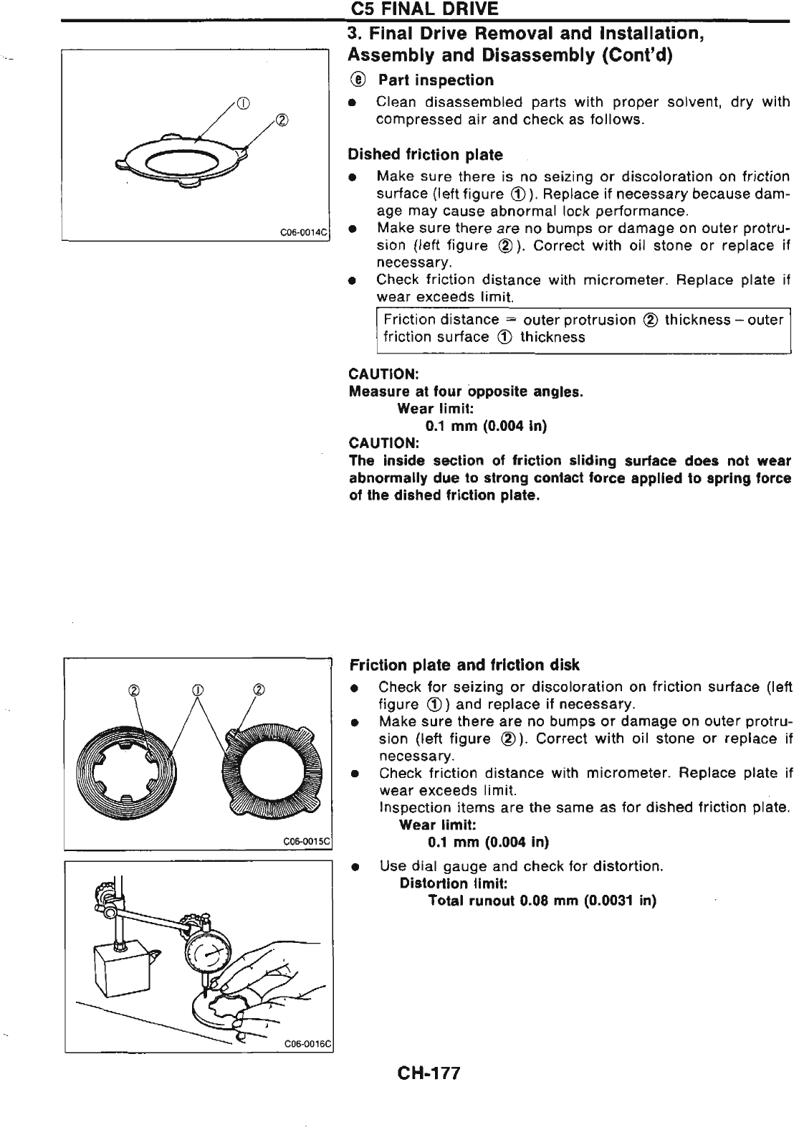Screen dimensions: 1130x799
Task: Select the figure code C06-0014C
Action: (303, 232)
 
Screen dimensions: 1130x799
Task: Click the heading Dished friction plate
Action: (425, 155)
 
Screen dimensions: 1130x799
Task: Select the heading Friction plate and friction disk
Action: (464, 665)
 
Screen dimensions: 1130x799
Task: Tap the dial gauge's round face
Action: (206, 954)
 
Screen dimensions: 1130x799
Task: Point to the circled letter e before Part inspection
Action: (357, 80)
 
